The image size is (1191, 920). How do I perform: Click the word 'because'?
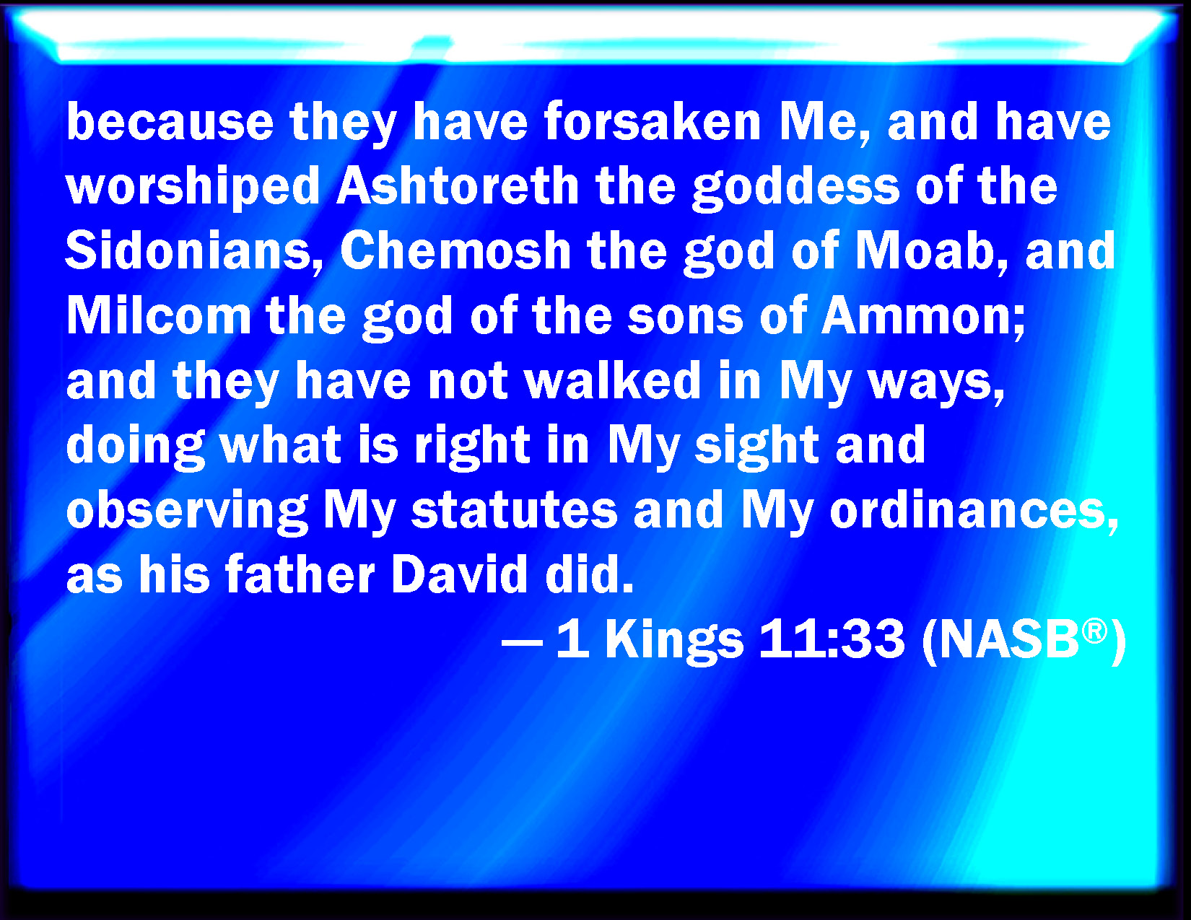tap(170, 121)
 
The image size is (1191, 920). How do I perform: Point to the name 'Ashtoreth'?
tap(458, 185)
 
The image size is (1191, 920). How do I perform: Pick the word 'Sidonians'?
tap(194, 251)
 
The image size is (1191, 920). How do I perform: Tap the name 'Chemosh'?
tap(455, 250)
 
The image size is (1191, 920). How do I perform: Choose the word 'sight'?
tap(757, 445)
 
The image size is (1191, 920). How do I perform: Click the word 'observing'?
tap(187, 510)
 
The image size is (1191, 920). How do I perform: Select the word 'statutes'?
tap(515, 512)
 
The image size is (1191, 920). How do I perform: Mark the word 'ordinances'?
tap(974, 512)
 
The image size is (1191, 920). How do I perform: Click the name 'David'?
tap(459, 574)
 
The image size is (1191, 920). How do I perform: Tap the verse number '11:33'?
tap(832, 639)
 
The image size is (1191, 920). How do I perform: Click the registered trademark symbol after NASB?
tap(1094, 631)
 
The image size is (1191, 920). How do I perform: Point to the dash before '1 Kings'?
tap(523, 639)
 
